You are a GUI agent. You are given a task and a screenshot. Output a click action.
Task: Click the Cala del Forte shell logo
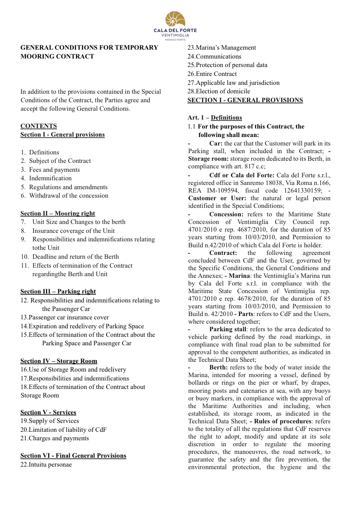pyautogui.click(x=175, y=19)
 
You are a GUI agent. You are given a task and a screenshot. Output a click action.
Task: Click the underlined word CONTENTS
pyautogui.click(x=39, y=126)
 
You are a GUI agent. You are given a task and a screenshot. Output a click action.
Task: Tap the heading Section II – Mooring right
pyautogui.click(x=58, y=213)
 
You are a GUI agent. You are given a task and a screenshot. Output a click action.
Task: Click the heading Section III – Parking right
pyautogui.click(x=58, y=291)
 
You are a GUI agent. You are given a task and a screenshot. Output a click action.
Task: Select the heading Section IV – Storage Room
pyautogui.click(x=59, y=361)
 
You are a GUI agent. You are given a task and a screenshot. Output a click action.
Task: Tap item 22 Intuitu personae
pyautogui.click(x=46, y=464)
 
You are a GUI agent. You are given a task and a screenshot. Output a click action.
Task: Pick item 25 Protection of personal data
pyautogui.click(x=228, y=65)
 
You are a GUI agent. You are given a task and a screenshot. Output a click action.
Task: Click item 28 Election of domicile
pyautogui.click(x=219, y=91)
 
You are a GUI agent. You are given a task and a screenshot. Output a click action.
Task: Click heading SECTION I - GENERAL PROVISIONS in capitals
pyautogui.click(x=245, y=100)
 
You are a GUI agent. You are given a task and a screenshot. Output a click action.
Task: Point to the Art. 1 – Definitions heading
pyautogui.click(x=215, y=117)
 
